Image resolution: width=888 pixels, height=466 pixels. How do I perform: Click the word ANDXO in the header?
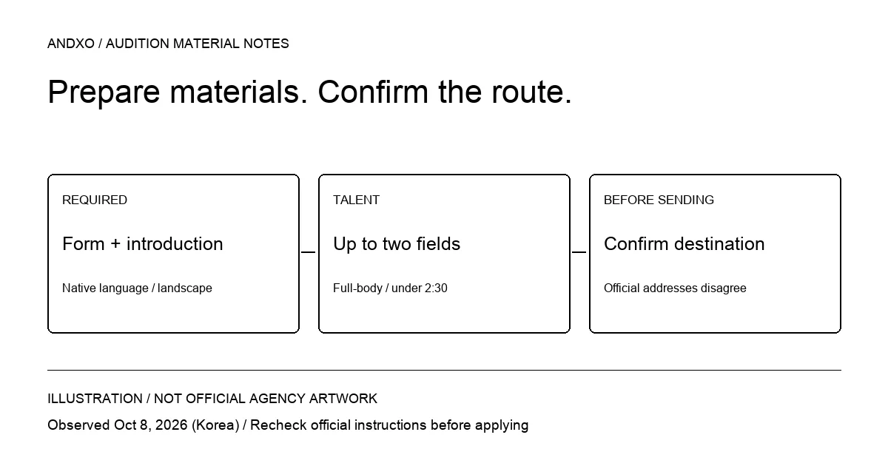tap(71, 44)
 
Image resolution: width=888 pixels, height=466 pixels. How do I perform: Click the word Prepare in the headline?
tap(104, 93)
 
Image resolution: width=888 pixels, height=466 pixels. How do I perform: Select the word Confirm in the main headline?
tap(373, 92)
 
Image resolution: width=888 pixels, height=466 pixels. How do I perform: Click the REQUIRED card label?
tap(95, 200)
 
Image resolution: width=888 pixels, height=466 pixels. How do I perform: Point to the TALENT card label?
tap(357, 200)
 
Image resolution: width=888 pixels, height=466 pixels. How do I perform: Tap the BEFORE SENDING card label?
tap(659, 200)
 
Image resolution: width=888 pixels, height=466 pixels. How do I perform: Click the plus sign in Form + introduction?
tap(115, 244)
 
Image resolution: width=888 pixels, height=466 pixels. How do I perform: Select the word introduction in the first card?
tap(175, 243)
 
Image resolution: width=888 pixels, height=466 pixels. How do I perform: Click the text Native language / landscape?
tap(137, 288)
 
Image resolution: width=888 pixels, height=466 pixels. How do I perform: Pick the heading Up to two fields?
tap(397, 244)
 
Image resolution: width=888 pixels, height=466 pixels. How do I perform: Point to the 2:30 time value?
tap(436, 288)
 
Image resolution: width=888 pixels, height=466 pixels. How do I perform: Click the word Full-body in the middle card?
tap(357, 288)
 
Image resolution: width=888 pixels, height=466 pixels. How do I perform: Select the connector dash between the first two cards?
tap(309, 252)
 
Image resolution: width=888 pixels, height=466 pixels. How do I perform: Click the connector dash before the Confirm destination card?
tap(579, 252)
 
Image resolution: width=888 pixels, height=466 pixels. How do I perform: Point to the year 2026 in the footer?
tap(171, 425)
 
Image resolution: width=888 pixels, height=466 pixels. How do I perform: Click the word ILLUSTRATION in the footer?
tap(95, 399)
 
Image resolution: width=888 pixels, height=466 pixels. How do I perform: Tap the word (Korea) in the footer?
tap(215, 425)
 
